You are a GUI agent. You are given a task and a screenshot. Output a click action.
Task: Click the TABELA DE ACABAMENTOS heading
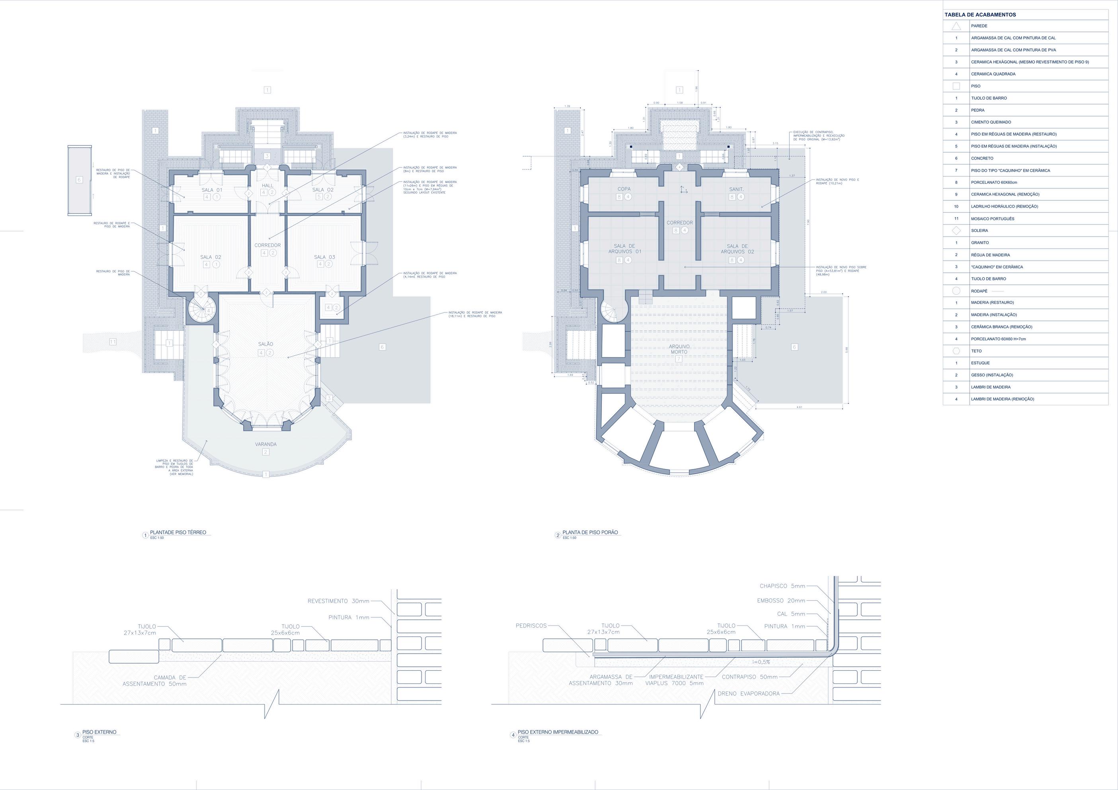click(980, 15)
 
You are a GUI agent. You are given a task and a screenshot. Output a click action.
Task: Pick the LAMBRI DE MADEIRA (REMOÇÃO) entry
click(1002, 399)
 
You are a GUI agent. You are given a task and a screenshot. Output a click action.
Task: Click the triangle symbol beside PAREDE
click(956, 26)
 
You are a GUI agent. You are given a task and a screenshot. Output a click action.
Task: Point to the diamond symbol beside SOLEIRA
click(956, 231)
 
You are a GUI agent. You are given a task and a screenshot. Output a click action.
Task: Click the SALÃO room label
click(266, 344)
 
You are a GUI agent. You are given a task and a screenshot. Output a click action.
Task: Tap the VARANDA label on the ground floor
click(266, 444)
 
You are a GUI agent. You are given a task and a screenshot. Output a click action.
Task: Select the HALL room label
click(267, 185)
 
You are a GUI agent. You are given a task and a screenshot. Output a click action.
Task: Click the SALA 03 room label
click(324, 257)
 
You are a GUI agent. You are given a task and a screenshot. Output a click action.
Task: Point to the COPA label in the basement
click(624, 189)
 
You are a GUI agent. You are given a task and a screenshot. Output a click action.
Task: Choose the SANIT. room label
click(736, 189)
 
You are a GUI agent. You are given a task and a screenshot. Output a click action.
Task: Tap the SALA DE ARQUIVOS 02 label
click(737, 249)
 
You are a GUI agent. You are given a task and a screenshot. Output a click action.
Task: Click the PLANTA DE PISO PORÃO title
click(590, 533)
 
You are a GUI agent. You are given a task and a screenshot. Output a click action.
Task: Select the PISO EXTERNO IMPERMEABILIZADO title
click(558, 732)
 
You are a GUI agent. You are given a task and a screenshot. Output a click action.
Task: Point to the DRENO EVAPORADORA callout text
click(748, 694)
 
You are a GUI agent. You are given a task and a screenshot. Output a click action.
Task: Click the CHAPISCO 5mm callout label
click(782, 586)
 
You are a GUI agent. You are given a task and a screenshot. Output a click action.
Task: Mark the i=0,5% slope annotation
click(760, 662)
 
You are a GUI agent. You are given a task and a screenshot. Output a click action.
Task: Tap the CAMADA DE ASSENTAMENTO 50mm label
click(155, 681)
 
